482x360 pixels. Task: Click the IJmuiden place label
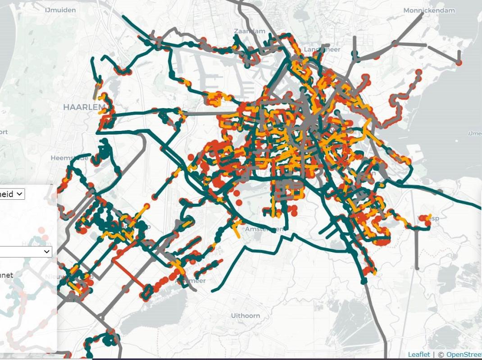click(60, 10)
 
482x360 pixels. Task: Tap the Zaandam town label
click(249, 31)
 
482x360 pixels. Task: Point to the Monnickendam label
click(429, 10)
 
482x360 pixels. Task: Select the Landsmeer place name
click(322, 49)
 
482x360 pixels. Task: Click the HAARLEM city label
click(84, 107)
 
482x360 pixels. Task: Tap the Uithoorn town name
click(246, 315)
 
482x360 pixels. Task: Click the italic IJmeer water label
click(475, 133)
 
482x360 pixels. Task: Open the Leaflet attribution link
click(419, 355)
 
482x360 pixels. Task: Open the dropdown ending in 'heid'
click(13, 194)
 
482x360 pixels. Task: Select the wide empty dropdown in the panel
click(26, 252)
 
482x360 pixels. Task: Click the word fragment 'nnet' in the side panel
click(7, 275)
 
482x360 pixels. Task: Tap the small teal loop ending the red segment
click(146, 293)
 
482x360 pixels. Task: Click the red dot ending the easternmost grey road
click(459, 63)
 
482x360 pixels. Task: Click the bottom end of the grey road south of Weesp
click(417, 268)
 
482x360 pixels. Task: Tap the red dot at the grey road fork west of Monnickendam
click(395, 44)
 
